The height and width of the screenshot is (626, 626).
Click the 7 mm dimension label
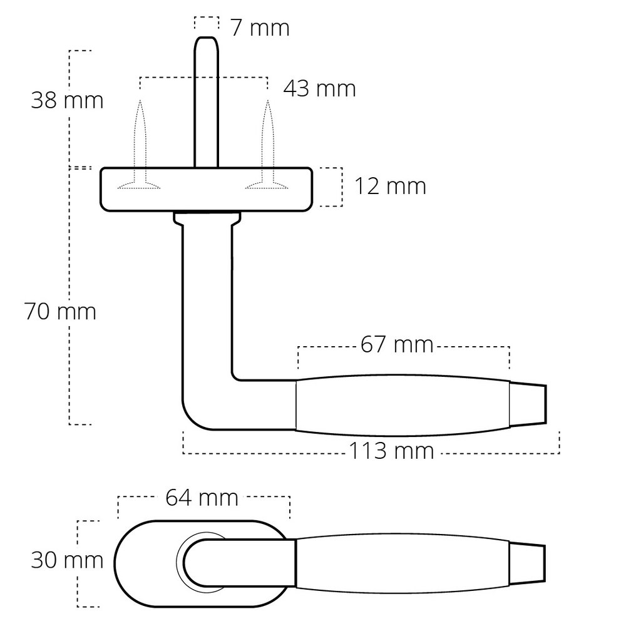pos(260,28)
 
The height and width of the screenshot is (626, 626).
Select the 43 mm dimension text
pos(319,88)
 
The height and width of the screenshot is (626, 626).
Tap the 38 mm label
pos(67,100)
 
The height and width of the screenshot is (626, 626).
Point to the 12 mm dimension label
pos(390,186)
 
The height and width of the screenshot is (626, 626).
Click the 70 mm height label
pos(60,311)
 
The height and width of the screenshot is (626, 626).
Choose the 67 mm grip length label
pos(397,344)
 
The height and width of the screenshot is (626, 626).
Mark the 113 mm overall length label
pos(391,451)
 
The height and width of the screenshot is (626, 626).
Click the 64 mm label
pos(202,498)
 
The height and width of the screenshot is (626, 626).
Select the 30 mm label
pos(67,560)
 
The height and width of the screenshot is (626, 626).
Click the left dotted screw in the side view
pos(140,145)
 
